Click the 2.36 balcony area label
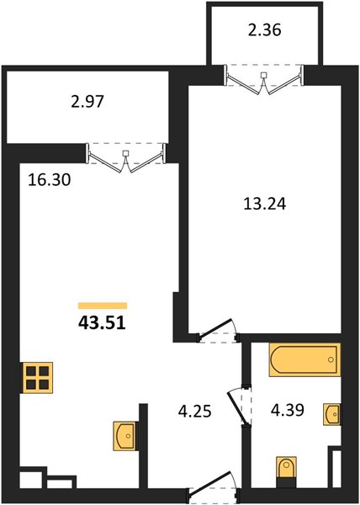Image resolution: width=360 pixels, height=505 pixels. (265, 30)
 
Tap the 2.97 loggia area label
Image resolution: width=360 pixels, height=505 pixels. (87, 102)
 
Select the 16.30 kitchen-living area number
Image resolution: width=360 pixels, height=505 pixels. (50, 180)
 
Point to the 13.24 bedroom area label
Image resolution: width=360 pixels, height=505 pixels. (265, 204)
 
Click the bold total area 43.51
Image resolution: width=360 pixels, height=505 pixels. (102, 323)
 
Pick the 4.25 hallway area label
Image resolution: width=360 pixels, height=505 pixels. (195, 412)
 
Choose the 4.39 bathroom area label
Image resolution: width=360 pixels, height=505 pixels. (288, 410)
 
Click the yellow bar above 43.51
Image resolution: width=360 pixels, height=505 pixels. (103, 306)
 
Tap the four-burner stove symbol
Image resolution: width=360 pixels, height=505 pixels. (37, 378)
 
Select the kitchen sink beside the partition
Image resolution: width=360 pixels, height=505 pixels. (124, 436)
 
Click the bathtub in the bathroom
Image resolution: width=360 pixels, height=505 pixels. (305, 359)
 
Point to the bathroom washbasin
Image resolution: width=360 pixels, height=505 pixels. (331, 413)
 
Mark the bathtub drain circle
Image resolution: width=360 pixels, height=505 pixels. (331, 359)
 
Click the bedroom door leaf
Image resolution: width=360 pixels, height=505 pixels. (214, 329)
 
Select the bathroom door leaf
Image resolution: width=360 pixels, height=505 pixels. (237, 407)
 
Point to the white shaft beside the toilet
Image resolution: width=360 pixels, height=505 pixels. (336, 469)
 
